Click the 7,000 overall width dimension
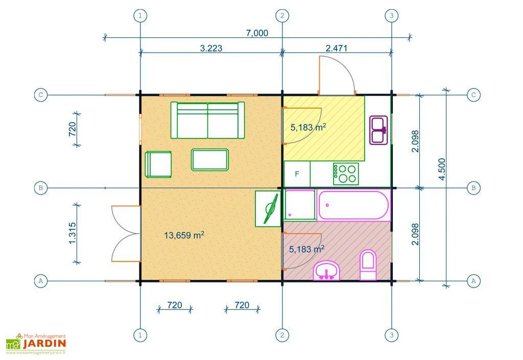[x=256, y=33]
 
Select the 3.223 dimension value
[x=210, y=48]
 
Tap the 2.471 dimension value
[x=337, y=48]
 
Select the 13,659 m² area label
[x=184, y=235]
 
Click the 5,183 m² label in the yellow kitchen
[x=308, y=128]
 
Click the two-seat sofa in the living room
[x=207, y=120]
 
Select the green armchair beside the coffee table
[x=158, y=164]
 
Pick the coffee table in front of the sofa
[x=210, y=159]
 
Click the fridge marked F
[x=297, y=174]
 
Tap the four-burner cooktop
[x=346, y=174]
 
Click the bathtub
[x=353, y=205]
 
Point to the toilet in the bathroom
[x=368, y=266]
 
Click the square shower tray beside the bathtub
[x=299, y=205]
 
